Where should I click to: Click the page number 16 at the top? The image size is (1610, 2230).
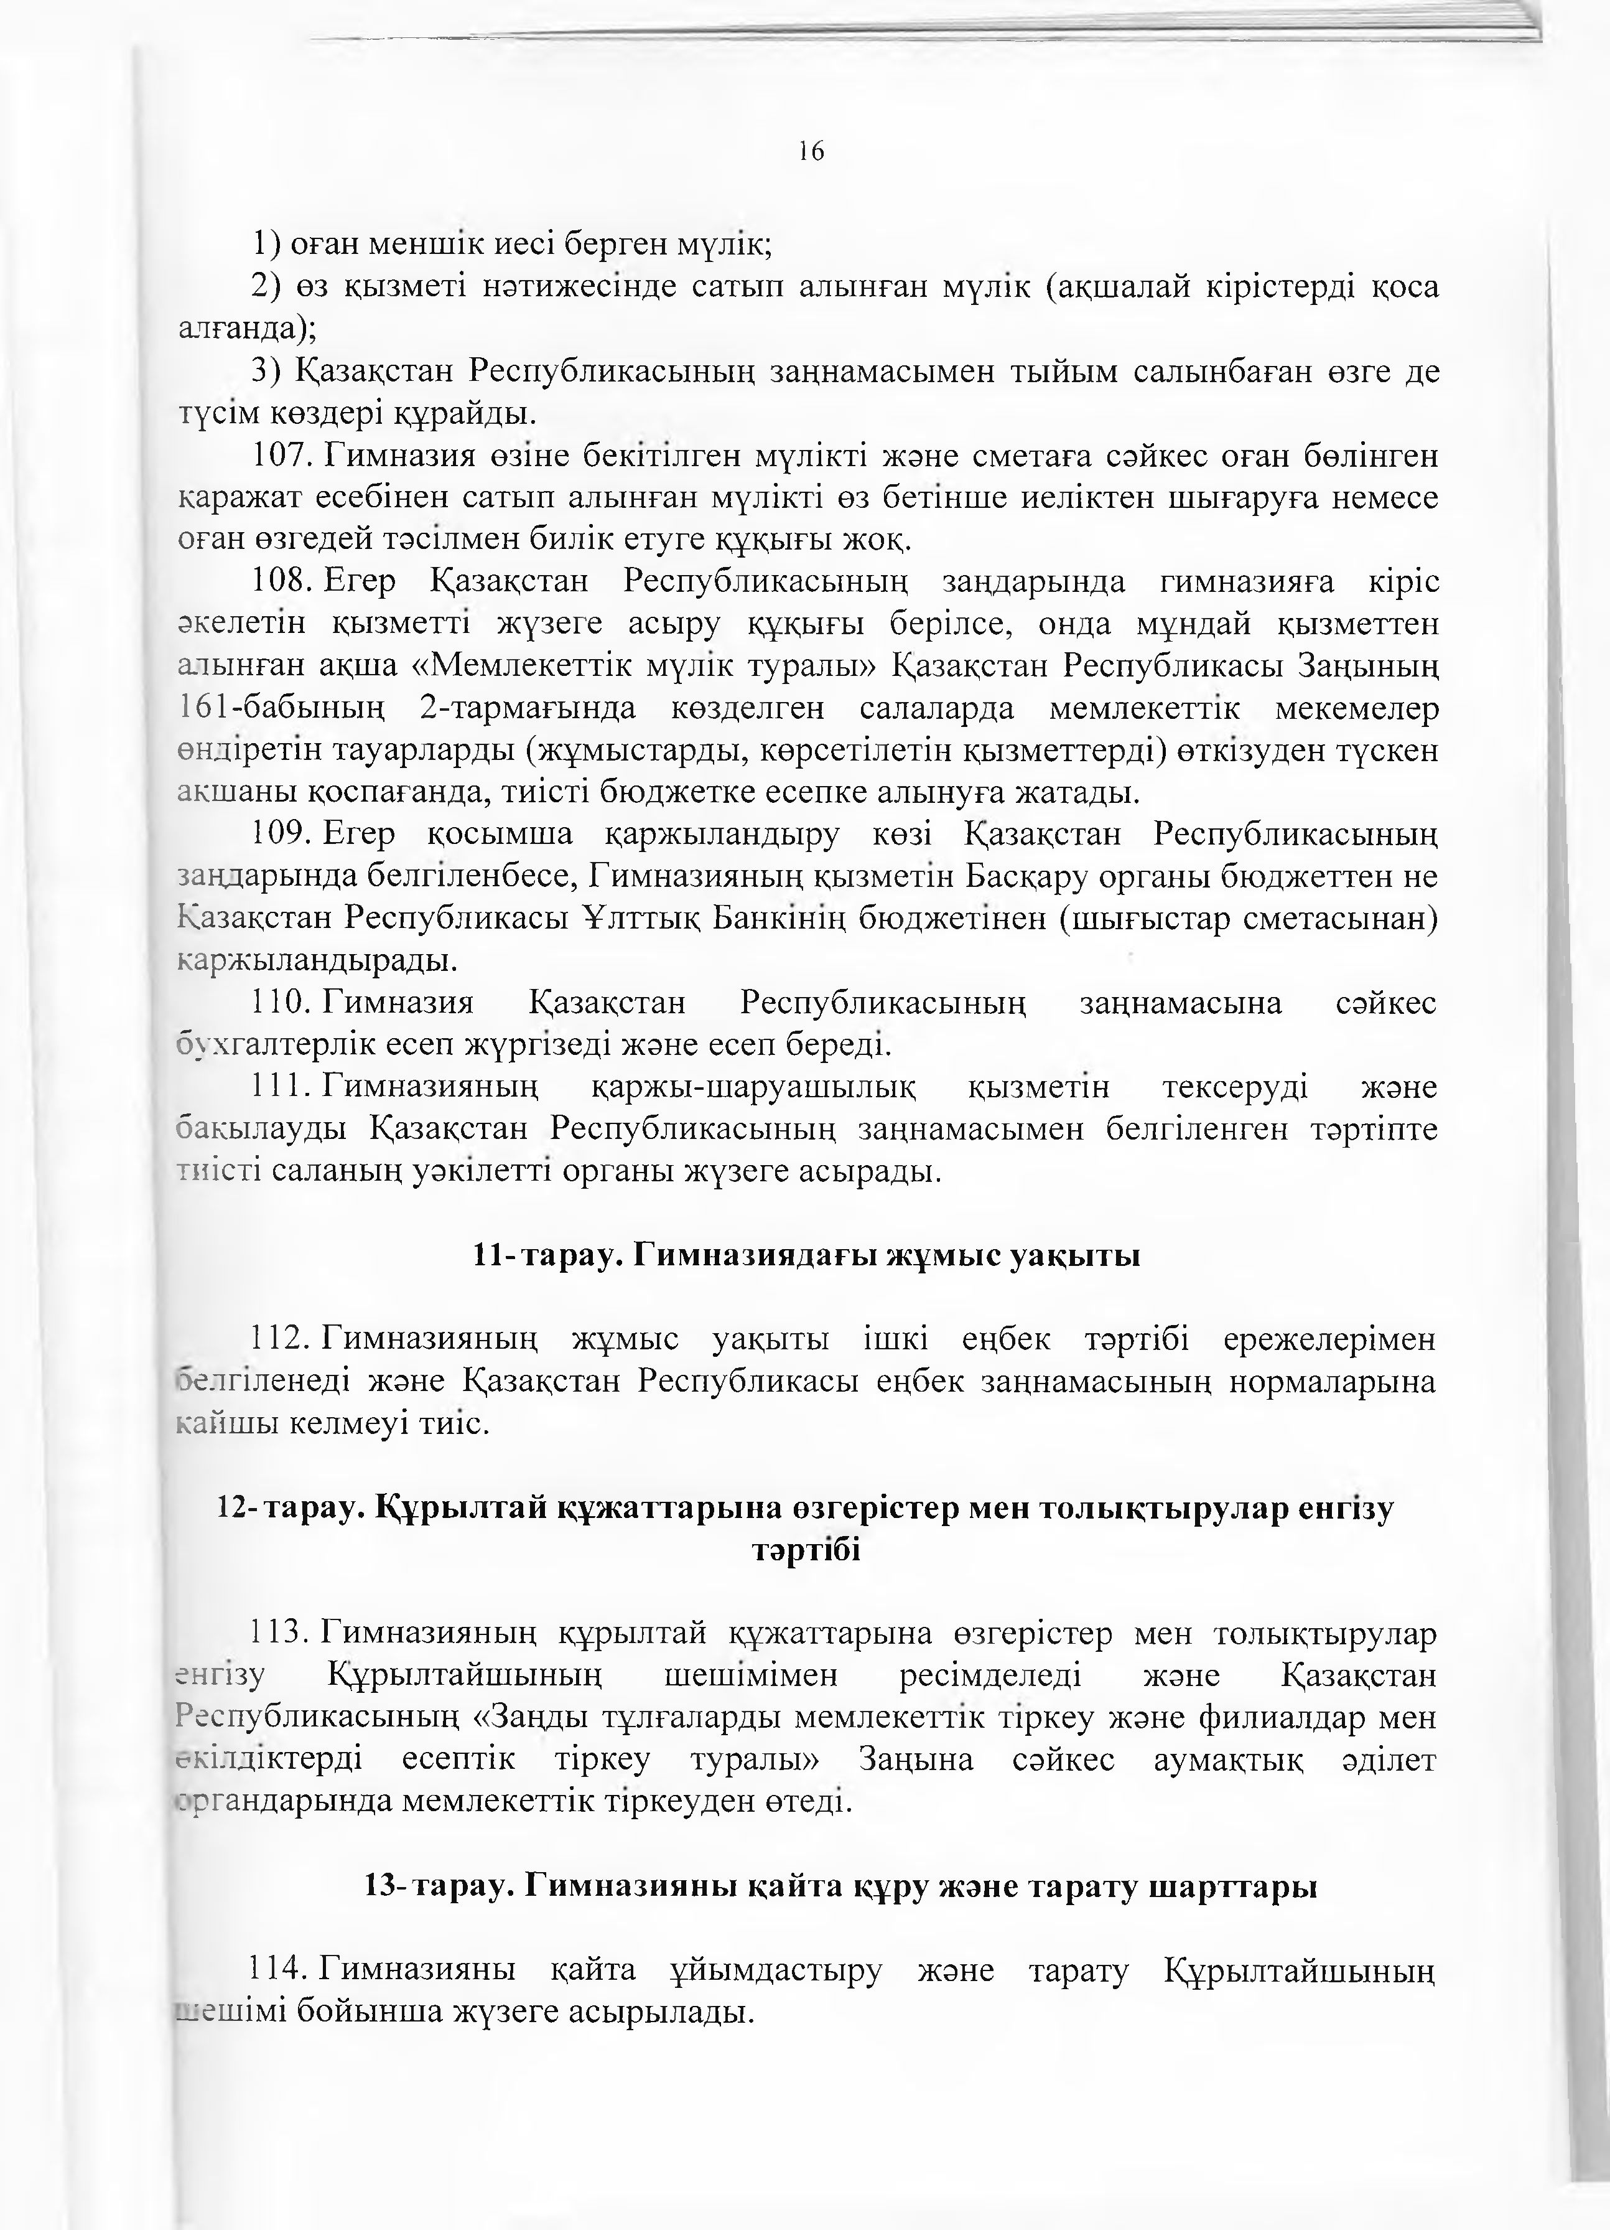(811, 151)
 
